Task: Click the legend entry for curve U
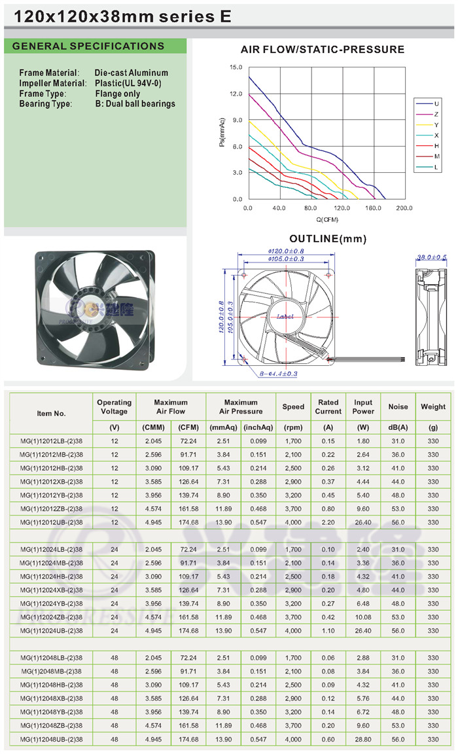pos(427,104)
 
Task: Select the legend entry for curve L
pos(427,168)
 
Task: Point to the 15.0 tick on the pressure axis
pos(236,67)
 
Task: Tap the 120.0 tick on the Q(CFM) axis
pos(342,208)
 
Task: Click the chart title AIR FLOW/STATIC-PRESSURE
pos(323,50)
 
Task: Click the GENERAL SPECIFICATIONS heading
pos(88,46)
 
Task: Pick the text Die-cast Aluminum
pos(132,73)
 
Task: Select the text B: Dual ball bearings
pos(135,104)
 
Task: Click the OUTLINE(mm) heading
pos(328,239)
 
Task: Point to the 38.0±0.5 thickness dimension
pos(431,257)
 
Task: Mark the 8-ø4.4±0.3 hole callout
pos(278,374)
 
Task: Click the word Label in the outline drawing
pos(285,316)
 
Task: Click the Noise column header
pos(398,407)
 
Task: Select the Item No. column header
pos(51,414)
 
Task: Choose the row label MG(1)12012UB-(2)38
pos(52,522)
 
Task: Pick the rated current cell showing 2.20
pos(328,522)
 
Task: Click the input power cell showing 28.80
pos(363,740)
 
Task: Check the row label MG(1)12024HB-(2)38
pos(52,577)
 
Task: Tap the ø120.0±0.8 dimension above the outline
pos(286,251)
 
